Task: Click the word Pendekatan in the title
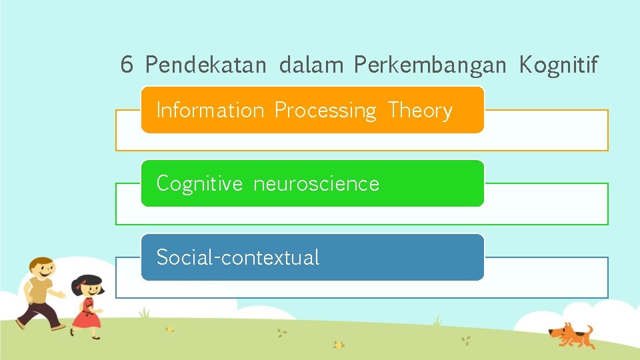click(x=205, y=65)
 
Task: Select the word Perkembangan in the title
click(x=431, y=66)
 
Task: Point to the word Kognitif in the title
click(x=559, y=65)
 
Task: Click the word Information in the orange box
click(x=210, y=110)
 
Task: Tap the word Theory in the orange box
click(x=420, y=110)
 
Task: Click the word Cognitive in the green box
click(x=199, y=184)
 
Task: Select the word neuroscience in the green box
click(x=316, y=184)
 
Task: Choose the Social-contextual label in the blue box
click(x=237, y=257)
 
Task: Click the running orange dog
click(x=569, y=334)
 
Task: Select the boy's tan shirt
click(x=41, y=291)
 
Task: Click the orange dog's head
click(x=556, y=331)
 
